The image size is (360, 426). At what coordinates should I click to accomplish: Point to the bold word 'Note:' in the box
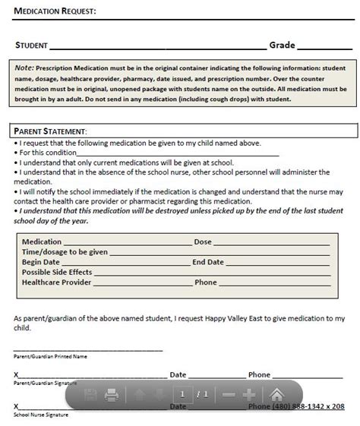coord(24,68)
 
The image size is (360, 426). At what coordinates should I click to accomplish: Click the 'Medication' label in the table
coord(42,241)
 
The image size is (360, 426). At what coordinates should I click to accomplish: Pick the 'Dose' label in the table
coord(203,241)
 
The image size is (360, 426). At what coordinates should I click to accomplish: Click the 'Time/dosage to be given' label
coord(65,251)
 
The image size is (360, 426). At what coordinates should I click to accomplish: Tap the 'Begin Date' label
coord(41,262)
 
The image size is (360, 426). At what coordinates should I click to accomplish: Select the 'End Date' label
coord(208,262)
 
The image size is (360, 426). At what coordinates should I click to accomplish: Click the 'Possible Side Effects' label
coord(57,272)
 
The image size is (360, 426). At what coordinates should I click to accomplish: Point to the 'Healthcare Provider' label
coord(57,282)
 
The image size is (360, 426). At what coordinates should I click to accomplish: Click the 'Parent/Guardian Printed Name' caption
coord(50,355)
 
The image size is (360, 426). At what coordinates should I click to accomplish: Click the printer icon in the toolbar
coord(111,395)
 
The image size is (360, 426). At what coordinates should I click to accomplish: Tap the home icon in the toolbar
coord(278,395)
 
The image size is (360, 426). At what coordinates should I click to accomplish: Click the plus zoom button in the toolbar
coord(249,395)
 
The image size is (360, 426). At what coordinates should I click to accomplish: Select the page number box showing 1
coord(182,394)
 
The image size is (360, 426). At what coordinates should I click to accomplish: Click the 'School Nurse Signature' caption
coord(41,415)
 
